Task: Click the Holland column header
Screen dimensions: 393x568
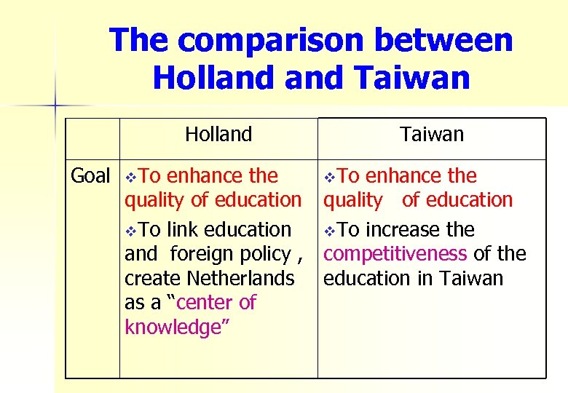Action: tap(218, 134)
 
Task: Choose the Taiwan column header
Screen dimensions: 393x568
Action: tap(431, 134)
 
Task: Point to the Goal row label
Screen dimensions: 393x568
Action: tap(90, 176)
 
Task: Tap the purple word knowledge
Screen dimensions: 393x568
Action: tap(173, 327)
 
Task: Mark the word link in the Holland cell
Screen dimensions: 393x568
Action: tap(184, 230)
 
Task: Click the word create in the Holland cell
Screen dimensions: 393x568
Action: tap(153, 279)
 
